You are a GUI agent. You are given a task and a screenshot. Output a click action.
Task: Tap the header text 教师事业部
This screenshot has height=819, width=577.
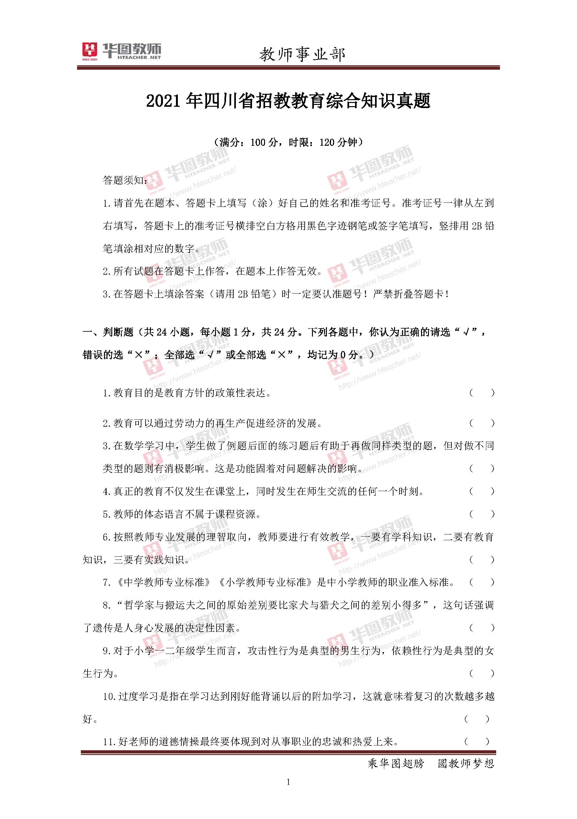[x=302, y=54]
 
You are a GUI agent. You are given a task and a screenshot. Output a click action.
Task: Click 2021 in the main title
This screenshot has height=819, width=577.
[x=165, y=101]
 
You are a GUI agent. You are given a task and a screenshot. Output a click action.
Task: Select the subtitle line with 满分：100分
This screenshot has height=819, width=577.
[x=288, y=142]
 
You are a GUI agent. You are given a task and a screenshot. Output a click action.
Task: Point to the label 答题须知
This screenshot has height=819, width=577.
[x=123, y=180]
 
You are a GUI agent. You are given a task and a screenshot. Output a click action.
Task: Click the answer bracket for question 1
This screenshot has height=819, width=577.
[x=482, y=393]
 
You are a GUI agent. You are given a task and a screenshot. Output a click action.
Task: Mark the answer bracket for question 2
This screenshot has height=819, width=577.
[x=482, y=423]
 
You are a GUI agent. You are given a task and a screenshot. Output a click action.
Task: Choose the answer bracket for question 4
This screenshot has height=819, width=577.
[x=482, y=491]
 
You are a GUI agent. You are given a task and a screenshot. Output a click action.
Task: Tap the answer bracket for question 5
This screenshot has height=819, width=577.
[x=482, y=515]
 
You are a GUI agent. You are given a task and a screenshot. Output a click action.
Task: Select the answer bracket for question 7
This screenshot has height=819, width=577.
[x=482, y=583]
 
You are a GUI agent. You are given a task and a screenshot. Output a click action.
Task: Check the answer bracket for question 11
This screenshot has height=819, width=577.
[x=477, y=742]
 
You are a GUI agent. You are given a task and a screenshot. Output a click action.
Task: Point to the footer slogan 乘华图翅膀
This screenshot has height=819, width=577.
[x=396, y=763]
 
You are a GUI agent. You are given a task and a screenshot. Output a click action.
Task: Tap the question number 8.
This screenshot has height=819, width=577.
[x=106, y=605]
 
